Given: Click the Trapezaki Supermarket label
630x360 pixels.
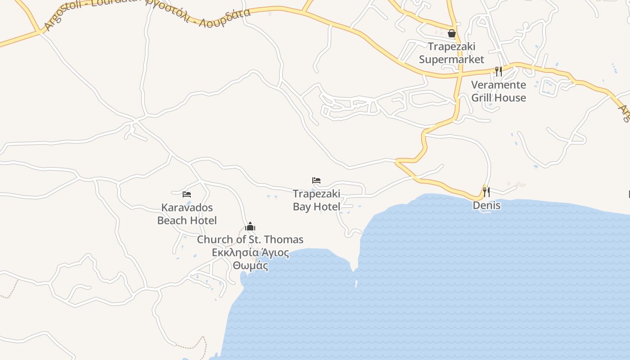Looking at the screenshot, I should (451, 53).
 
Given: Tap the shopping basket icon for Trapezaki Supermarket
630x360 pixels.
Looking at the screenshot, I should (452, 33).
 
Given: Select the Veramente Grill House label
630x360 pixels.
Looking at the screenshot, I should (499, 91).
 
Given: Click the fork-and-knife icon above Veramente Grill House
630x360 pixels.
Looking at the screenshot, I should (498, 71).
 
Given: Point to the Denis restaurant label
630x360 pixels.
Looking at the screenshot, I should (486, 206).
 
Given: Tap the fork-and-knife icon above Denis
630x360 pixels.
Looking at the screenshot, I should (486, 192).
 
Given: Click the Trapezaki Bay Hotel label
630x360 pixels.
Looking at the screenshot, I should (316, 200).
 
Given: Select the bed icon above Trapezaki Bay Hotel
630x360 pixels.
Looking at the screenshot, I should (316, 180).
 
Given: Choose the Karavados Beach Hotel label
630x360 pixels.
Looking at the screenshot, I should (187, 214).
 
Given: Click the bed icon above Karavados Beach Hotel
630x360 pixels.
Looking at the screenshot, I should (187, 194).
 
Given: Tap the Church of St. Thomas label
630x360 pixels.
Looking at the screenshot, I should (250, 240).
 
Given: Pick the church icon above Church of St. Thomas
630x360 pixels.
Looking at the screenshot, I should (250, 226).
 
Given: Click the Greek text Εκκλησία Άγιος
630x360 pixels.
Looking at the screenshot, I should (250, 252).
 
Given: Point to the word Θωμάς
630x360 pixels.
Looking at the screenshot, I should (250, 265).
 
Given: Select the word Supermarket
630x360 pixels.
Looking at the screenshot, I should (451, 59).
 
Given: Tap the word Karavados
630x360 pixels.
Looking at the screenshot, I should (187, 208).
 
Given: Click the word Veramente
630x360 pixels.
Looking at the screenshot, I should (499, 85).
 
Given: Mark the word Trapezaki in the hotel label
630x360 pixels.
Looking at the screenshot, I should (316, 194).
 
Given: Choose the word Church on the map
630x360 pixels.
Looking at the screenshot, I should (215, 240).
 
